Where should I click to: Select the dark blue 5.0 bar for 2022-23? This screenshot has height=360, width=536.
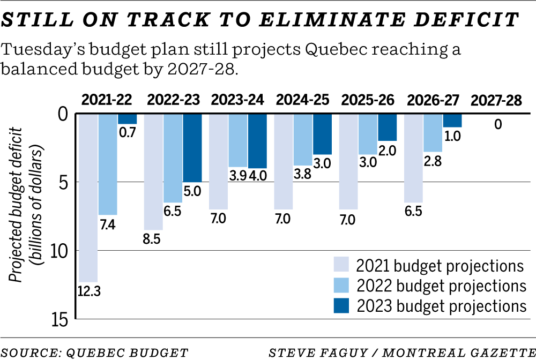(x=192, y=147)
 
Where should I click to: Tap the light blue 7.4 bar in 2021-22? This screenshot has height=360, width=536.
(x=108, y=163)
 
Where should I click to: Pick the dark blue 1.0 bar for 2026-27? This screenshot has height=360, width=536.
(x=452, y=120)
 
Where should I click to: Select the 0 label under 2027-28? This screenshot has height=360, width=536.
(x=498, y=125)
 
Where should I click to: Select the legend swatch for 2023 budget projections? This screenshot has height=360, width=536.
(x=341, y=305)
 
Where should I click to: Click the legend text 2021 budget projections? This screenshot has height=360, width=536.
(x=440, y=266)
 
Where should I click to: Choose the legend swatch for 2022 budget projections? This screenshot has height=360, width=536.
(x=341, y=286)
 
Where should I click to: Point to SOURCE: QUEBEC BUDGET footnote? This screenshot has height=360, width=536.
(x=95, y=352)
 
